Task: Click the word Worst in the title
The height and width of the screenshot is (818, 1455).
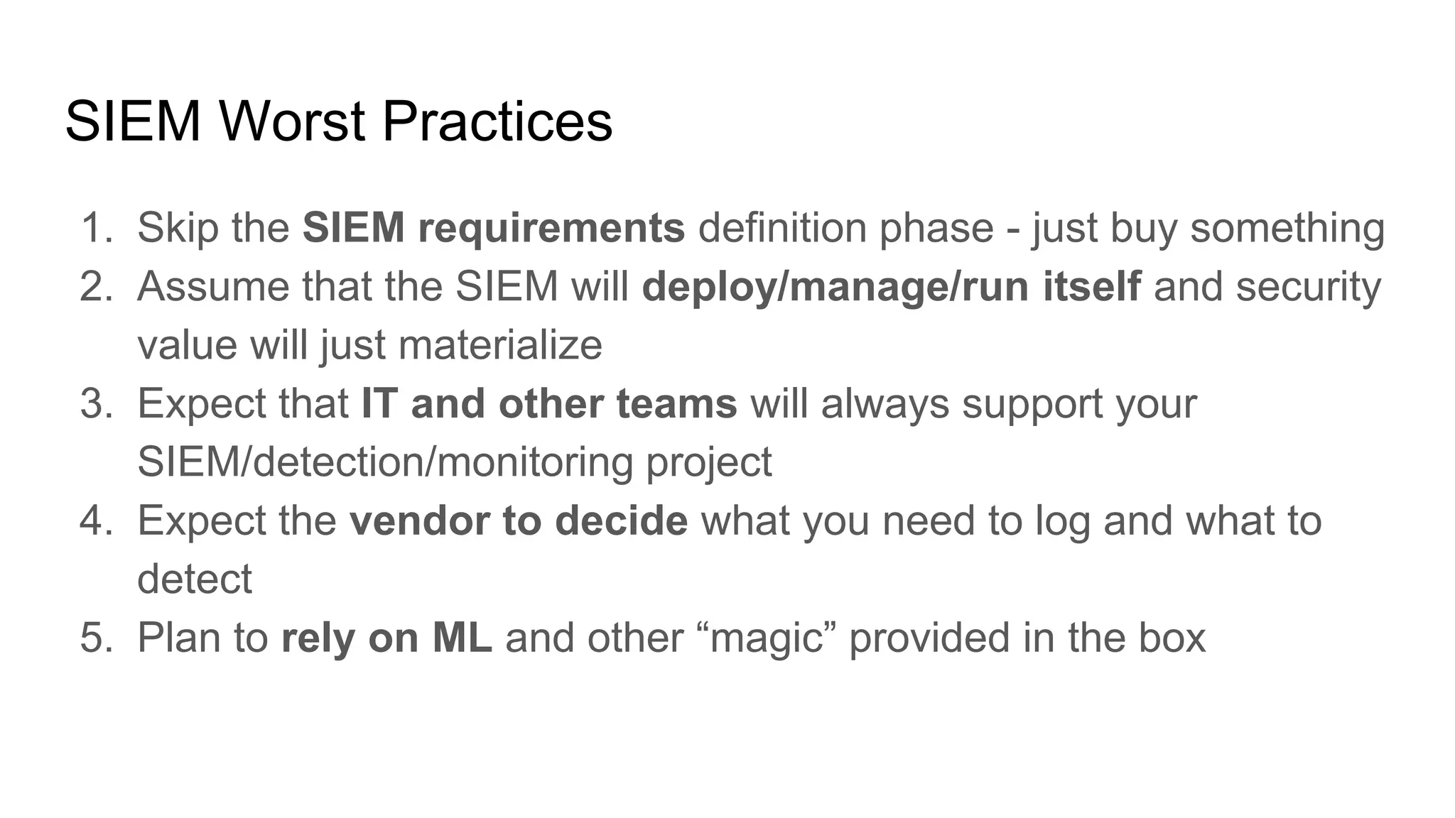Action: tap(293, 121)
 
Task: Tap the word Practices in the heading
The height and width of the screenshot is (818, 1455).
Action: tap(497, 121)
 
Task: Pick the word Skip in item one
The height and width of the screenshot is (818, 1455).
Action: tap(170, 228)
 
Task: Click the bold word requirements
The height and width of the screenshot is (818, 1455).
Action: tap(551, 228)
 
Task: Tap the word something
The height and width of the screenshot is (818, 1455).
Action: tap(1287, 228)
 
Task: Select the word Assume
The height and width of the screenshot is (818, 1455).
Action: tap(212, 286)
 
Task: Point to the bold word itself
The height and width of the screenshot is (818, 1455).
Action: tap(1092, 286)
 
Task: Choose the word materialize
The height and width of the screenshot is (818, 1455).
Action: tap(500, 345)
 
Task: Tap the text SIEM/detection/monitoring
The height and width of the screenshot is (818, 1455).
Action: tap(384, 462)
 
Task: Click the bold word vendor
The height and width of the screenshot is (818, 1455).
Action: tap(419, 520)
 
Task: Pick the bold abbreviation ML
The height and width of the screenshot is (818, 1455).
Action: tap(462, 637)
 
